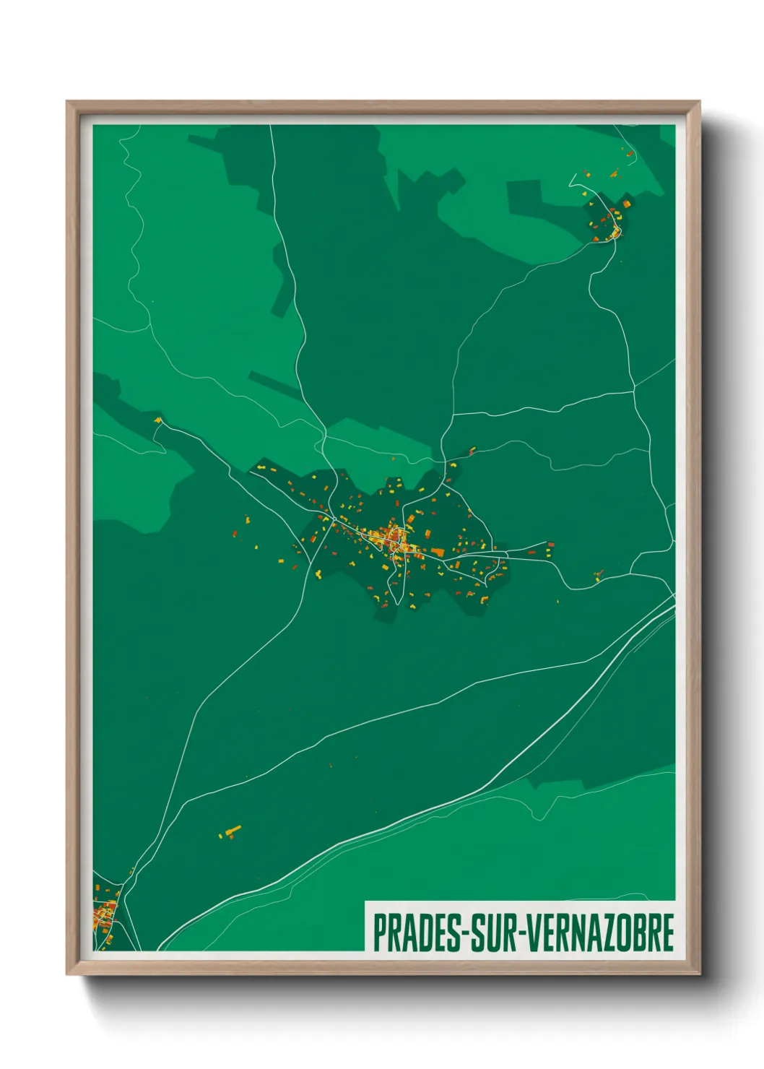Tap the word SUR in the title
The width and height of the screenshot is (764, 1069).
click(x=495, y=932)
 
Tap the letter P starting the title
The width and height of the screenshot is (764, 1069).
click(x=379, y=932)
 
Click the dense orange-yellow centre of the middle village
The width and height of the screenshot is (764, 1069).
click(x=394, y=539)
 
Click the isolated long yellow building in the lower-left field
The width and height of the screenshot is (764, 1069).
click(x=232, y=831)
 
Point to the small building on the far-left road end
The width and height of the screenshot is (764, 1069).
click(x=157, y=420)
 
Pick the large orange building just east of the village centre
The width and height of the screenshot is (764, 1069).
click(x=437, y=553)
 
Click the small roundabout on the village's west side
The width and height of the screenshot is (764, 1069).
click(x=334, y=524)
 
